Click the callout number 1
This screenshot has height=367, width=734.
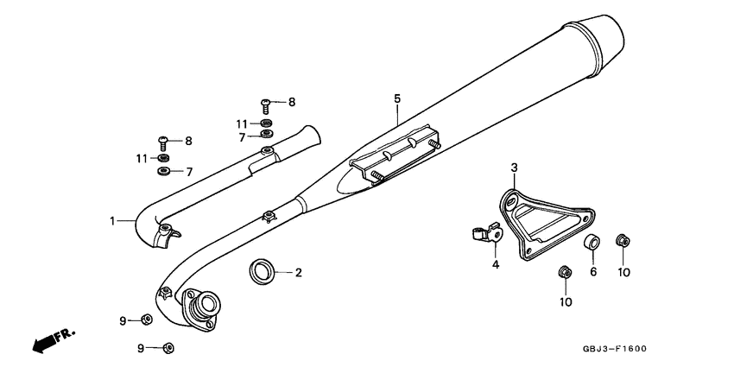coord(112,221)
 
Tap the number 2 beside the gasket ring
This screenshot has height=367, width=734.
coord(298,273)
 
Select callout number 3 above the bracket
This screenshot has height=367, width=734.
coord(514,167)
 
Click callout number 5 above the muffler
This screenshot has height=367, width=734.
coord(397,99)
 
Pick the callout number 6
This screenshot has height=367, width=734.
coord(593,272)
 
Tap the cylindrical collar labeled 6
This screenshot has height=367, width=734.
coord(592,243)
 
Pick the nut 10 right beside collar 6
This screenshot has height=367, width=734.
coord(621,239)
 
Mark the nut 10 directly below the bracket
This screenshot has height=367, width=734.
coord(565,273)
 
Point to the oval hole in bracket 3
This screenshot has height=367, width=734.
coord(510,201)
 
